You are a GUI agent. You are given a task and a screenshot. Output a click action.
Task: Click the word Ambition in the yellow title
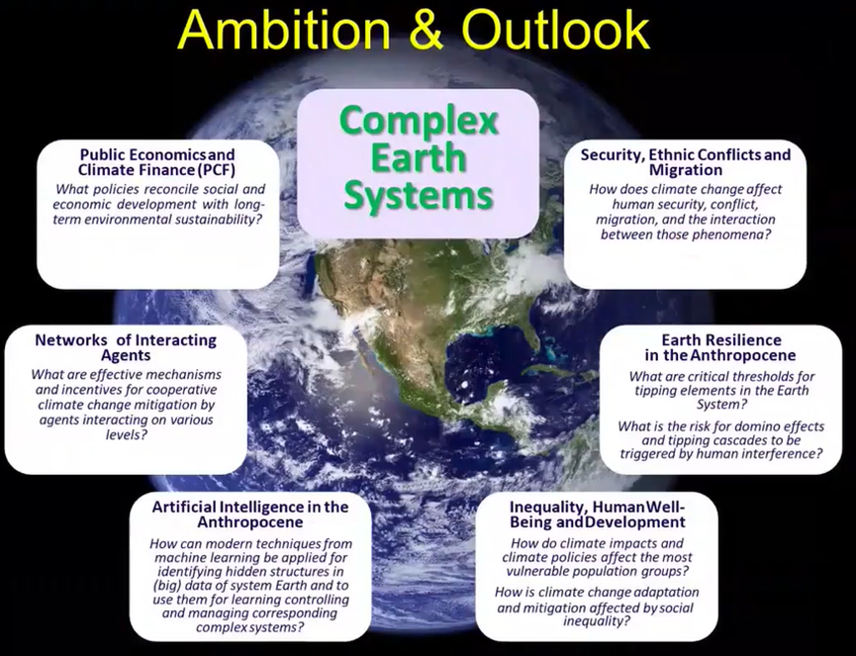284,30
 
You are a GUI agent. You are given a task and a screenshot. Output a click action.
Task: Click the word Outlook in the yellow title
556,30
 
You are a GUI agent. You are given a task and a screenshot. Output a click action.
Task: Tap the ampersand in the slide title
427,30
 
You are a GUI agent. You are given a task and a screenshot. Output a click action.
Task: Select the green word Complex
419,121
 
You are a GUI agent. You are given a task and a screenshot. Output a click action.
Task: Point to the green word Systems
419,195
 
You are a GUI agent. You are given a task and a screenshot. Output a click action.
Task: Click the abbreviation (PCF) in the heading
217,170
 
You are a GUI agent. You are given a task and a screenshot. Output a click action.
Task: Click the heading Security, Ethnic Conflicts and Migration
686,162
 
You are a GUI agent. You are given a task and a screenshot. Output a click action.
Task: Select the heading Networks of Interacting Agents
126,347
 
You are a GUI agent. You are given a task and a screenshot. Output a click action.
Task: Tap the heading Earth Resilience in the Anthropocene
720,347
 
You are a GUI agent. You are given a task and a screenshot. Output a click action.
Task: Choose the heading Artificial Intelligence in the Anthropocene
250,515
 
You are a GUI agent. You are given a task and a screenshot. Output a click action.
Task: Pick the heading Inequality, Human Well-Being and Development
598,515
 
